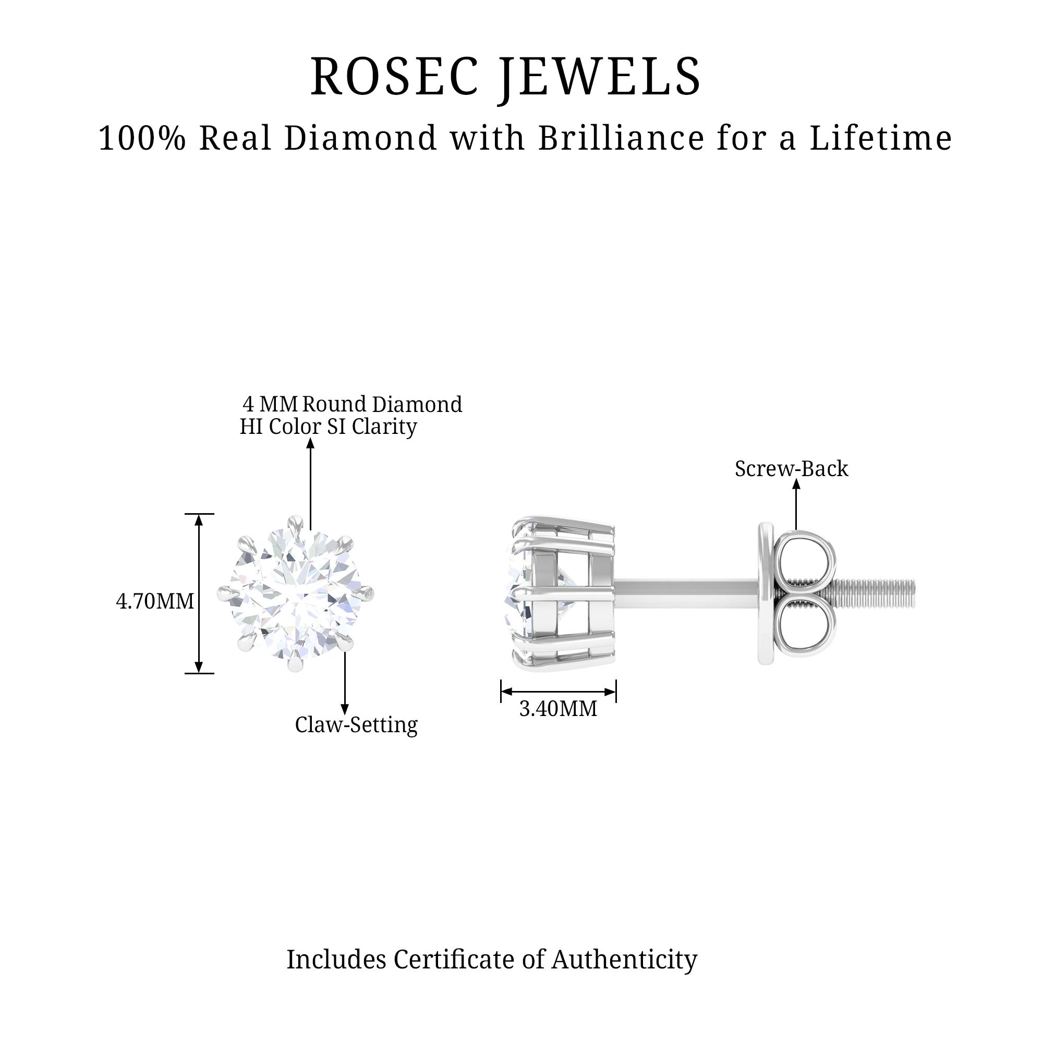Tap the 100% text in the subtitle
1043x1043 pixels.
coord(142,138)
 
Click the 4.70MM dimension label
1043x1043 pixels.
coord(155,601)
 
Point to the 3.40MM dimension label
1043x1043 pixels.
coord(558,709)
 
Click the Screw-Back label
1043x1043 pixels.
coord(792,469)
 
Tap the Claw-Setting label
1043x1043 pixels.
coord(356,725)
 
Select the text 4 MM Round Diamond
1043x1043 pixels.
coord(352,404)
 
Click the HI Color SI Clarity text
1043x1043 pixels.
coord(328,427)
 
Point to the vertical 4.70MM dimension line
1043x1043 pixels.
coord(199,594)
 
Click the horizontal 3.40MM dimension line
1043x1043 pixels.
coord(558,692)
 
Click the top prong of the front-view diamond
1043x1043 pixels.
coord(295,523)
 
